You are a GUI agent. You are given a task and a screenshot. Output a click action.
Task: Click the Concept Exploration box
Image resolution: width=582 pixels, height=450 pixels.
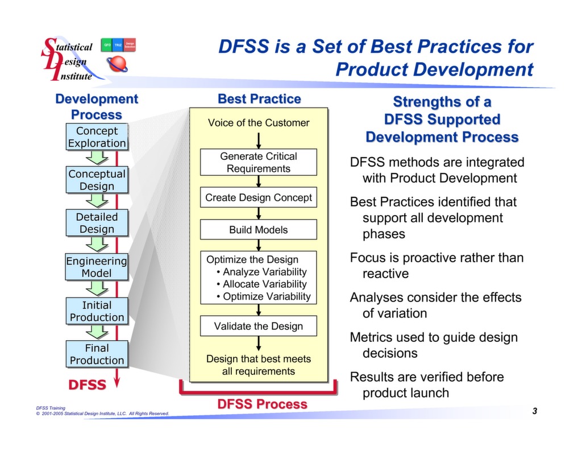97,137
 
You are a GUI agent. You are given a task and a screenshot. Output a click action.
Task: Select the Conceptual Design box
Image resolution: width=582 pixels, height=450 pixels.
97,180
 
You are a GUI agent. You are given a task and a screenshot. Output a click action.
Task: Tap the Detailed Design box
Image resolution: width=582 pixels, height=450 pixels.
97,223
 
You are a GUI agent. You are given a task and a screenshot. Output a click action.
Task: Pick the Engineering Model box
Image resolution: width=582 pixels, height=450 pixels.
97,267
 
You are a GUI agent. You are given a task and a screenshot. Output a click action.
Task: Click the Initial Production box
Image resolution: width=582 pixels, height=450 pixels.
97,311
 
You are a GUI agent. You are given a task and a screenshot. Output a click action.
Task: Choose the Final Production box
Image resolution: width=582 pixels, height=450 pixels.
97,354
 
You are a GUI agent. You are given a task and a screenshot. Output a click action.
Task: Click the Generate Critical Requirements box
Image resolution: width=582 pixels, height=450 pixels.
258,162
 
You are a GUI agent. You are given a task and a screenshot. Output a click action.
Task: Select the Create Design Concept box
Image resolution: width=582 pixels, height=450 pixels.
258,198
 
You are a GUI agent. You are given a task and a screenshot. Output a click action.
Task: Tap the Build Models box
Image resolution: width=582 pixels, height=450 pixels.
258,230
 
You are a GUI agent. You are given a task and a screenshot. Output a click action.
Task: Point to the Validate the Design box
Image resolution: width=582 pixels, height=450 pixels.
258,326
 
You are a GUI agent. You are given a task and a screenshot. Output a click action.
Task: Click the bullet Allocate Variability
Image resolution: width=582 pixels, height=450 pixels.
264,284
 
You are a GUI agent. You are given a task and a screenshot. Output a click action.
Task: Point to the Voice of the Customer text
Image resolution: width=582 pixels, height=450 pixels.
258,123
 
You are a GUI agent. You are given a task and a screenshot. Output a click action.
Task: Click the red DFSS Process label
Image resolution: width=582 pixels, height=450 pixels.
262,404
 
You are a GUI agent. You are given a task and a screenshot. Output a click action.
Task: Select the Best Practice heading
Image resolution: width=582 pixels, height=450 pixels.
259,99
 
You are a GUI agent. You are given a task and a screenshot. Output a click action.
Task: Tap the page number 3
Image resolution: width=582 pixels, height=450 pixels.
535,411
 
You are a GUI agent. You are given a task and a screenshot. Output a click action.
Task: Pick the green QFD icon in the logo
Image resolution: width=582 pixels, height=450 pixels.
106,45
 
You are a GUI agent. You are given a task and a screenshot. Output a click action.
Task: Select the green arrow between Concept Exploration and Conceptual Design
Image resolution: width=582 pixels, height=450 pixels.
97,158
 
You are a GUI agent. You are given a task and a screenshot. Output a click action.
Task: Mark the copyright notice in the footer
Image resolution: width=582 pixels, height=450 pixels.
102,414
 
